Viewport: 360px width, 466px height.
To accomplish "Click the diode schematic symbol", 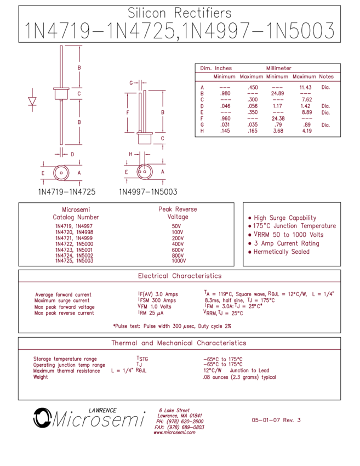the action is [32, 100].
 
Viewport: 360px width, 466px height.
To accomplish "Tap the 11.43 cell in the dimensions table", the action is [305, 87].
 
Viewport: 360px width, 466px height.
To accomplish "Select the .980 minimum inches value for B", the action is [225, 93].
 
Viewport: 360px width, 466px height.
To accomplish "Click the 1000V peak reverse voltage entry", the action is [179, 261].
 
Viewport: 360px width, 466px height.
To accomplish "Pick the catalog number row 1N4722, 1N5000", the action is [75, 244].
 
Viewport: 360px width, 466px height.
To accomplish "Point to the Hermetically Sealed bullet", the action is [279, 252].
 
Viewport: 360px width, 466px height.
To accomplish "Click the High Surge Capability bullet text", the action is [282, 218].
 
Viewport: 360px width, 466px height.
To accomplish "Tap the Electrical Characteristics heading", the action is [180, 276].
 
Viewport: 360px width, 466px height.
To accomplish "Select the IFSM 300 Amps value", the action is [157, 300].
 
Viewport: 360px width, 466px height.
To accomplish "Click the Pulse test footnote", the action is [172, 326].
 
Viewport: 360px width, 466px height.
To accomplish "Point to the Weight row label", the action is [41, 377].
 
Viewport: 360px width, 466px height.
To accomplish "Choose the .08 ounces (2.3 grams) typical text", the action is [239, 377].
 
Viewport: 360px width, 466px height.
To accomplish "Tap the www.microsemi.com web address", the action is [175, 433].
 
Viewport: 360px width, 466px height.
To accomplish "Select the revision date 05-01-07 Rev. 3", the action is [276, 420].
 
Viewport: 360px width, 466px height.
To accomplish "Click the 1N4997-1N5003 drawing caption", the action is [148, 192].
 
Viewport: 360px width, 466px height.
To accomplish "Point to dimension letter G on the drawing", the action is [131, 83].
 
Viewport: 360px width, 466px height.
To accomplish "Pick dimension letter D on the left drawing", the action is [72, 155].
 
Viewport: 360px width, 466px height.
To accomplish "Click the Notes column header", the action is [326, 77].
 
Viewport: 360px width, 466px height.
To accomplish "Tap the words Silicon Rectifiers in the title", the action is [179, 13].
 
